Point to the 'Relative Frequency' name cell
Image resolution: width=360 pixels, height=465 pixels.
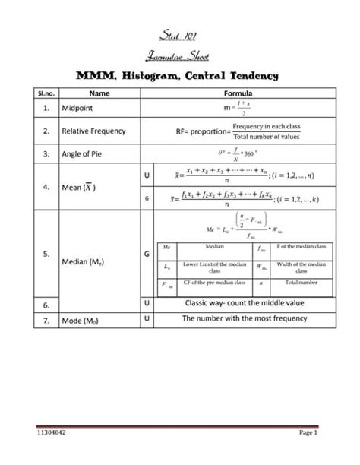[94, 131]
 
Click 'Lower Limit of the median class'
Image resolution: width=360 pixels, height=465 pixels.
[214, 267]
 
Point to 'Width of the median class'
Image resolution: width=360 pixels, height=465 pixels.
[301, 267]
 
